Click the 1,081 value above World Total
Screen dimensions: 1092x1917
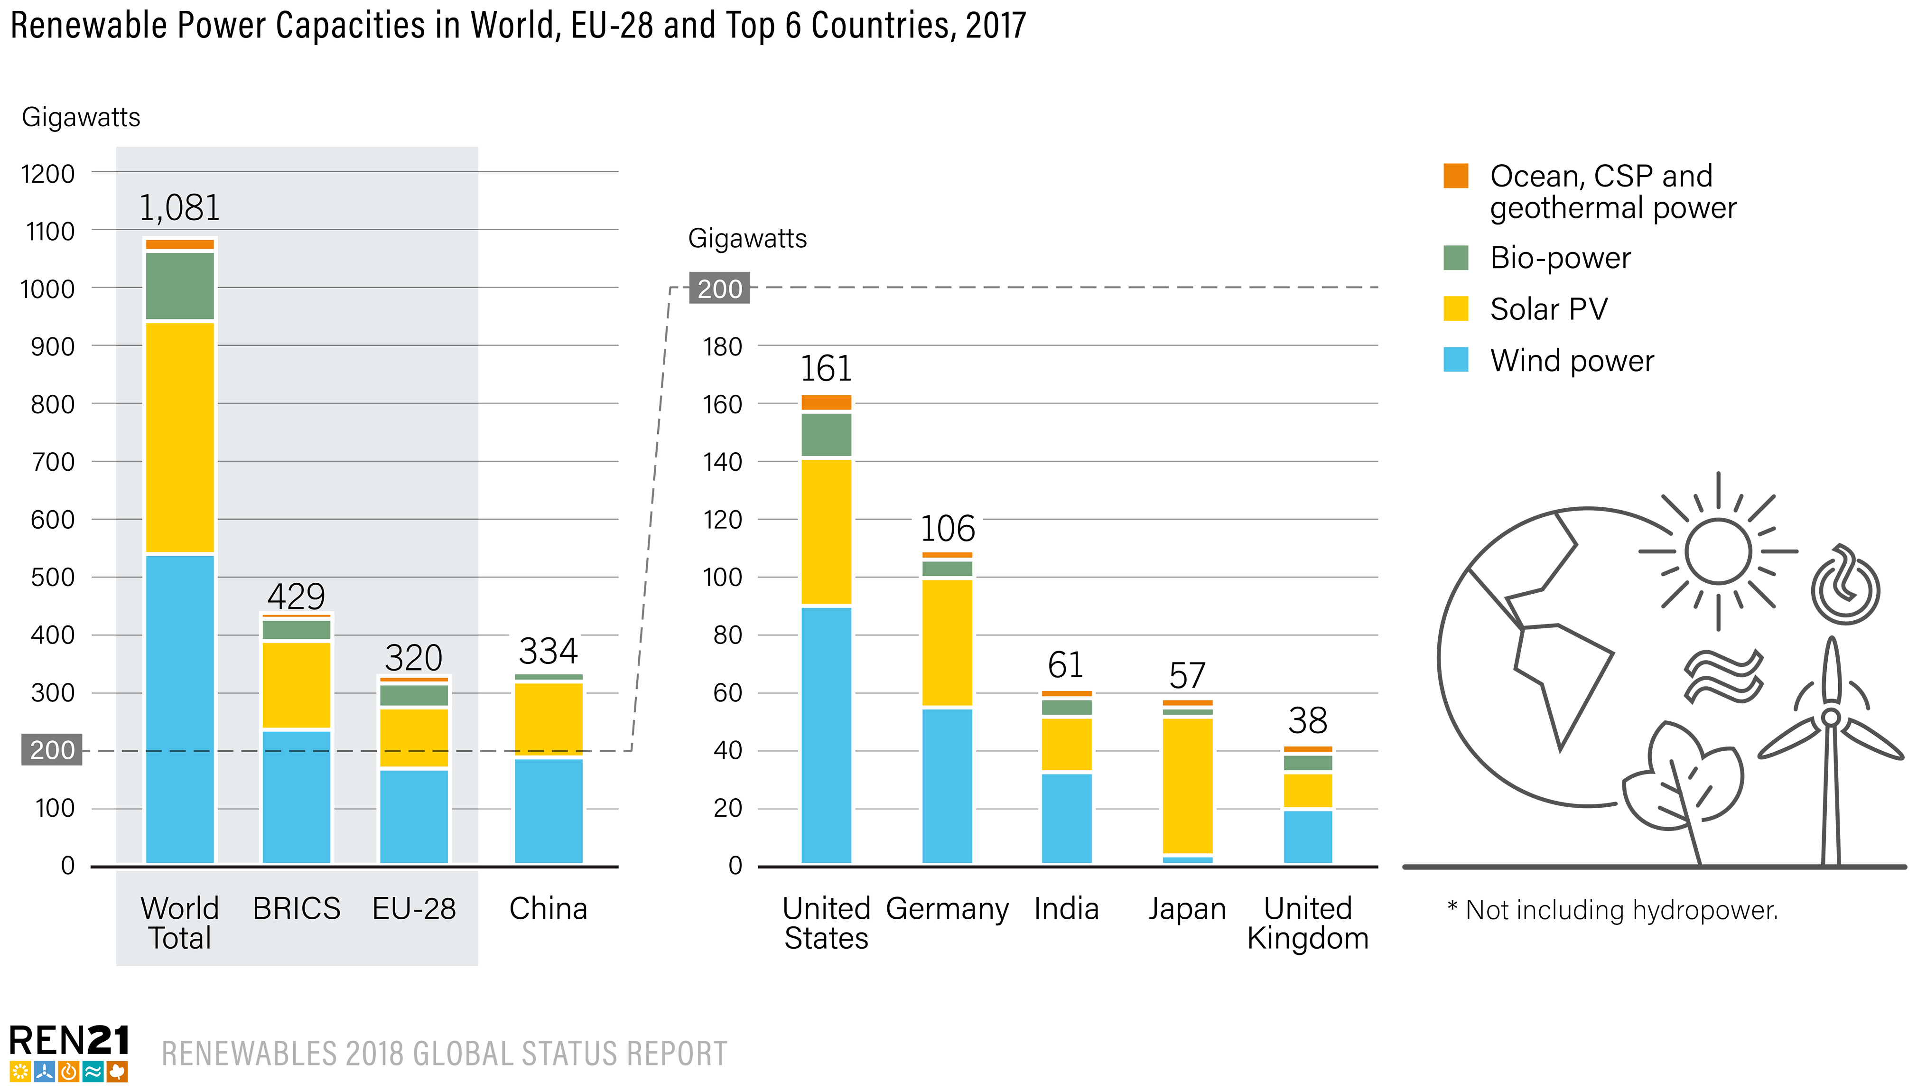[x=180, y=208]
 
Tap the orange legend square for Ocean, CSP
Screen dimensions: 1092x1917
[x=1455, y=176]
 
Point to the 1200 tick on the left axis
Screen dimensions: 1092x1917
[x=48, y=174]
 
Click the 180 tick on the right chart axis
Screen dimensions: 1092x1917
[x=722, y=346]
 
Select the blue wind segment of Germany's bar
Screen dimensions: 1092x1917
[x=947, y=785]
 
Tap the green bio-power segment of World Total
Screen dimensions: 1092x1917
[x=180, y=286]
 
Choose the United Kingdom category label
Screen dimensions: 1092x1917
[x=1307, y=923]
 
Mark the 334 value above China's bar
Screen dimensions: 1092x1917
[x=548, y=651]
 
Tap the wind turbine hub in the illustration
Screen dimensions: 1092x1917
[x=1830, y=717]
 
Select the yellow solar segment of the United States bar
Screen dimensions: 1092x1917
[x=826, y=531]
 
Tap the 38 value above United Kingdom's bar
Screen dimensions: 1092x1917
[x=1307, y=721]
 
